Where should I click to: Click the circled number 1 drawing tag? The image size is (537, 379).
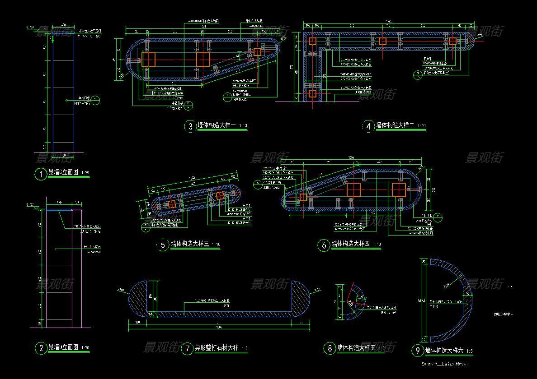pos(41,174)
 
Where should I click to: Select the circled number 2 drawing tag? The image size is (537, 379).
pos(41,348)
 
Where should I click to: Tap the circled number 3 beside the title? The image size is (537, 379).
pos(189,126)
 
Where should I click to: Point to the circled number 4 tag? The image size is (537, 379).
pos(368,126)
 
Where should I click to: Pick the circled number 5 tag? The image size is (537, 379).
pos(162,245)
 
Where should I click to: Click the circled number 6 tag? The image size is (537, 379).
pos(324,245)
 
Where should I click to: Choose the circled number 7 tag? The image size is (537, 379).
pos(187,348)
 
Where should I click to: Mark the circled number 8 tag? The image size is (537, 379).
pos(329,348)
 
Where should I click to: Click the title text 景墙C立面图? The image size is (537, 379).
pos(63,172)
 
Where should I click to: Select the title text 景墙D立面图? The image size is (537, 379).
pos(63,347)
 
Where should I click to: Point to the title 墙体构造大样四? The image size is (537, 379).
pos(351,244)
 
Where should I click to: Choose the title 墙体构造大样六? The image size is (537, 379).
pos(445,350)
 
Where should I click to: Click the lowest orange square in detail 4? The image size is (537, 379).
pos(312,93)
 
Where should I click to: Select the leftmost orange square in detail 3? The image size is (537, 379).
pos(148,59)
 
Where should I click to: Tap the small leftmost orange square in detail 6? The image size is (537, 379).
pos(303,197)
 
